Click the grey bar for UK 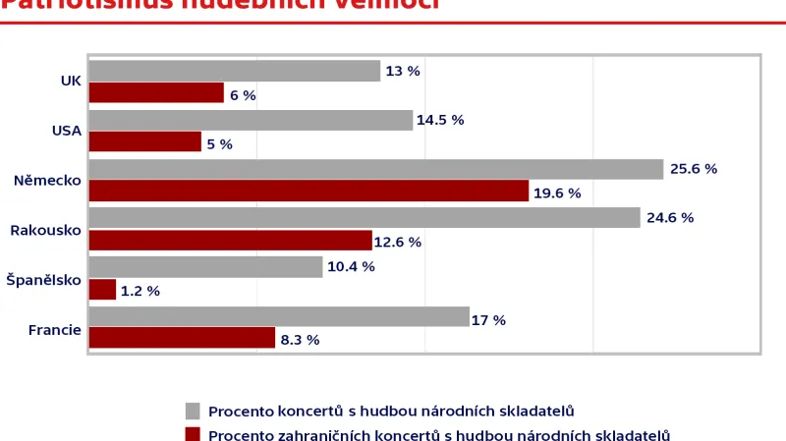tap(234, 71)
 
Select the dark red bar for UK tap(156, 93)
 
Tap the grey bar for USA tap(251, 120)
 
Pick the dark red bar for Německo tap(309, 192)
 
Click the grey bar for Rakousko tap(364, 217)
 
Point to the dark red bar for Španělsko tap(102, 290)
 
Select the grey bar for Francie tap(279, 316)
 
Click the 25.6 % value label tap(694, 169)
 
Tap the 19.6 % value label tap(557, 193)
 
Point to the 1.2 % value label tap(140, 291)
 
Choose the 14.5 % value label tap(440, 120)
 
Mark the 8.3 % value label tap(300, 340)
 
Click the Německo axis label tap(47, 181)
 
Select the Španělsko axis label tap(43, 280)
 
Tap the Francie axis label tap(54, 329)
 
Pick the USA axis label tap(67, 131)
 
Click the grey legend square tap(193, 411)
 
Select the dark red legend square tap(193, 434)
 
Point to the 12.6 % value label tap(398, 242)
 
